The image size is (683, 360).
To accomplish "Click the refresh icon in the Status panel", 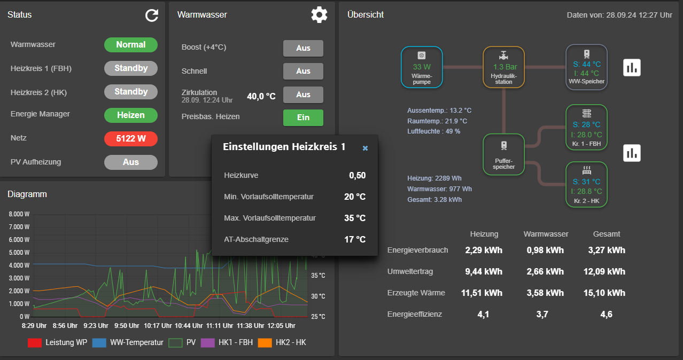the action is pyautogui.click(x=152, y=15).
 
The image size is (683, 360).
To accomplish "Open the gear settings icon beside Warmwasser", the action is pyautogui.click(x=319, y=14).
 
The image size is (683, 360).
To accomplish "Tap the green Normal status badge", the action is pyautogui.click(x=131, y=45).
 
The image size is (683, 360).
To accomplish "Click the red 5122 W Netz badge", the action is pyautogui.click(x=131, y=139).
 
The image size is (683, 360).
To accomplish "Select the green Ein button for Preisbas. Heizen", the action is pyautogui.click(x=303, y=118).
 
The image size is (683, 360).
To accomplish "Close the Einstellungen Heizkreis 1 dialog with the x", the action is pyautogui.click(x=365, y=148).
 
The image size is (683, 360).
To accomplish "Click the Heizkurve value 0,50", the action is pyautogui.click(x=358, y=175).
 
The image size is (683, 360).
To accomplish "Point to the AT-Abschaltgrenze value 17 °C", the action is pyautogui.click(x=355, y=239).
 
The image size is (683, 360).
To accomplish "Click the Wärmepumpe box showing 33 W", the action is pyautogui.click(x=422, y=67).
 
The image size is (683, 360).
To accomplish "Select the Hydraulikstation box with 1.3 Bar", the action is pyautogui.click(x=504, y=67).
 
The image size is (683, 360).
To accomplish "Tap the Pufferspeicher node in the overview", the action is pyautogui.click(x=504, y=154).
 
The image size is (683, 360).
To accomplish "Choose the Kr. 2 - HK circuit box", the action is pyautogui.click(x=587, y=184).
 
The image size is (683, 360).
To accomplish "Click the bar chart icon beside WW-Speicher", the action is pyautogui.click(x=632, y=67).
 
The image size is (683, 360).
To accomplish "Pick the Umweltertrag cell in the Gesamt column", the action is pyautogui.click(x=604, y=271).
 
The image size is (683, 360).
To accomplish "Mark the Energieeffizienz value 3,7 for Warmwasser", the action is pyautogui.click(x=542, y=314).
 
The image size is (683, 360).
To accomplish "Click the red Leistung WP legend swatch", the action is pyautogui.click(x=34, y=342).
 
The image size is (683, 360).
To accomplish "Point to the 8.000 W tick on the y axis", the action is pyautogui.click(x=19, y=214).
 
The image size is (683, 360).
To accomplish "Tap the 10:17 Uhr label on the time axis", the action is pyautogui.click(x=158, y=326).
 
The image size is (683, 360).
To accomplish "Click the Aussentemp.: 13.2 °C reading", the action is pyautogui.click(x=439, y=111).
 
